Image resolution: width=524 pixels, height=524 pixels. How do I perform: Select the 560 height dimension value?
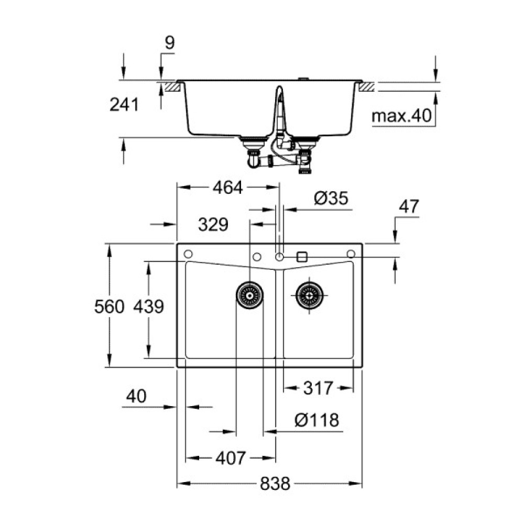pos(109,307)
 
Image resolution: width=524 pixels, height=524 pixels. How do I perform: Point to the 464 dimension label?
pos(228,188)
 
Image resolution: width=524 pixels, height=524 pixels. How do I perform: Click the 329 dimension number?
pos(213,225)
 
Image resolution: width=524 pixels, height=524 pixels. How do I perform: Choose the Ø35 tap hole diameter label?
pos(331,199)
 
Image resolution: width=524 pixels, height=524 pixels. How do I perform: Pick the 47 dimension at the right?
pos(409,206)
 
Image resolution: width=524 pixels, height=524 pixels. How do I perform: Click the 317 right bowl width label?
pos(318,388)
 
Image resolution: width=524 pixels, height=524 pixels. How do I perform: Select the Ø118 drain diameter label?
pos(316,420)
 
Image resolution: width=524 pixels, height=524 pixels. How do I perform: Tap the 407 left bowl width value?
pos(230,458)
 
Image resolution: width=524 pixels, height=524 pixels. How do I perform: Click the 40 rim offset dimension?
pos(136,396)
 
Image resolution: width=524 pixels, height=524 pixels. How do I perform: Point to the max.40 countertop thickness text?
pos(401,116)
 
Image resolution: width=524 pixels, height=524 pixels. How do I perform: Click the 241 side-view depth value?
pos(124,105)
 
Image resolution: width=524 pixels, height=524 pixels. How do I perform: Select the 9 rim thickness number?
pos(169,43)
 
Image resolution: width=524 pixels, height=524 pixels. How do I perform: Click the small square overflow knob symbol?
pos(301,257)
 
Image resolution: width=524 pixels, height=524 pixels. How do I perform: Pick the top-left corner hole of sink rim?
pos(187,254)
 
